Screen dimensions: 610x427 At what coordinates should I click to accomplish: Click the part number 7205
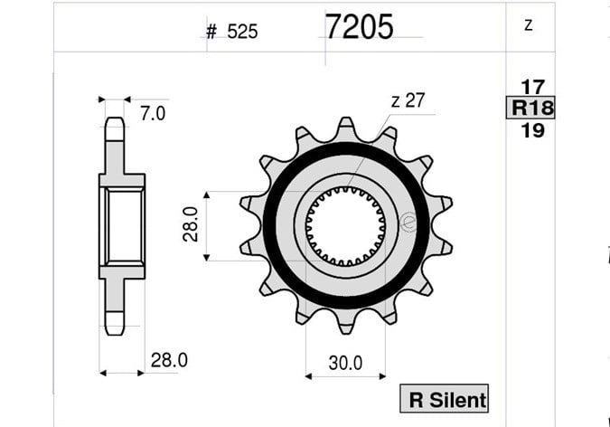click(x=359, y=26)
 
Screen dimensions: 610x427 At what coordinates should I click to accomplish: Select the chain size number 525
click(x=242, y=32)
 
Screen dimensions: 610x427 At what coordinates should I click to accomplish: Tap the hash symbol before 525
click(x=211, y=32)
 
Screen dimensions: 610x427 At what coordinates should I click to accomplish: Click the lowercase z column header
click(x=529, y=25)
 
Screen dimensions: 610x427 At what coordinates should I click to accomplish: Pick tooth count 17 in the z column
click(x=532, y=87)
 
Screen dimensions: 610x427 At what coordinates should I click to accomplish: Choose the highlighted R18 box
click(x=530, y=108)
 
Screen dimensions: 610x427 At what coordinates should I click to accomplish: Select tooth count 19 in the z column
click(x=532, y=130)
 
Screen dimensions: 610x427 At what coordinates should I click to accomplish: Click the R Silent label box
click(x=445, y=399)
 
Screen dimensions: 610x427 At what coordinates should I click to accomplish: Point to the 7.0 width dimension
click(x=153, y=113)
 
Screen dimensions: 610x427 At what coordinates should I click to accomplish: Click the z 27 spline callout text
click(x=408, y=100)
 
